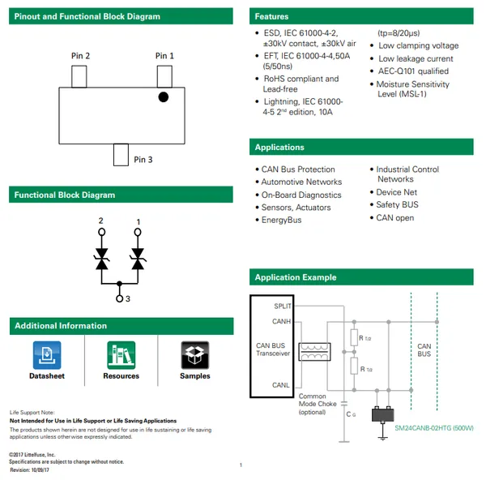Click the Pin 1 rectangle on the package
[x=164, y=76]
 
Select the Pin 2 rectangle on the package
[x=80, y=76]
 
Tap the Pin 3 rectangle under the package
[x=121, y=153]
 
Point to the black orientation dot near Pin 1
[x=163, y=97]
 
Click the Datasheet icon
[x=47, y=355]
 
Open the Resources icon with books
[x=121, y=355]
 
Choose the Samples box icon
[x=194, y=355]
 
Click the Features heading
[x=271, y=16]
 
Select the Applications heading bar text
[x=279, y=147]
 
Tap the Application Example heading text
[x=295, y=277]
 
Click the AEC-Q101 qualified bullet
[x=412, y=71]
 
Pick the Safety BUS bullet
[x=397, y=205]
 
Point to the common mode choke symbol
[x=313, y=352]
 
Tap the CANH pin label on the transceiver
[x=281, y=322]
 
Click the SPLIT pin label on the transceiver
[x=283, y=306]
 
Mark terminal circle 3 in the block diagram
[x=119, y=299]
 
